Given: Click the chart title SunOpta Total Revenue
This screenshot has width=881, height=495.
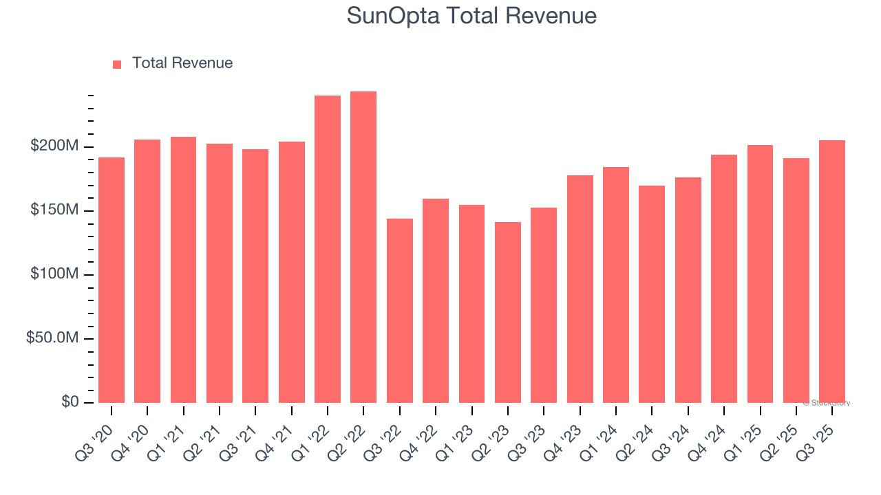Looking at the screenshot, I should pos(471,15).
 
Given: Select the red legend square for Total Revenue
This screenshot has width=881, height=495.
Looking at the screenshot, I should pos(117,64).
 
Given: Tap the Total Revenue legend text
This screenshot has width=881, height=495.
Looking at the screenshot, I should pos(182,63).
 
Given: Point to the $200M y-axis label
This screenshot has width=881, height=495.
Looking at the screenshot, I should pos(54,146).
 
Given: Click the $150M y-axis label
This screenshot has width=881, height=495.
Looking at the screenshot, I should pos(54,210).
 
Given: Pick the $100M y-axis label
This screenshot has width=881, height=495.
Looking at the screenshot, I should pos(54,274).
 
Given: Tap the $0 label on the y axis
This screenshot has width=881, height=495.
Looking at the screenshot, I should pos(69,401).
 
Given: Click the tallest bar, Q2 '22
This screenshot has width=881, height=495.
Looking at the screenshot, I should pos(363,247).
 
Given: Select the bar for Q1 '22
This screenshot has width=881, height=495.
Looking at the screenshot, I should pos(328,249).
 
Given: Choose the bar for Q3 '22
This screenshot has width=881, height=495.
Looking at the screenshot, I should pos(400,311).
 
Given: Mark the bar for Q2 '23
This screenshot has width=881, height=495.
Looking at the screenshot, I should pos(508,312).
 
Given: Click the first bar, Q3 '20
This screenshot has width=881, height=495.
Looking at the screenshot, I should pos(112,280).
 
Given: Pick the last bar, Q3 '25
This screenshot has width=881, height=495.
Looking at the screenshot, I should pos(832,272).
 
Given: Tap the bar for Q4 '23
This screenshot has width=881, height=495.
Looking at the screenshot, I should pos(580,289).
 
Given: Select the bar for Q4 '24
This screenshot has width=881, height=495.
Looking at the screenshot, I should pos(724,278).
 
